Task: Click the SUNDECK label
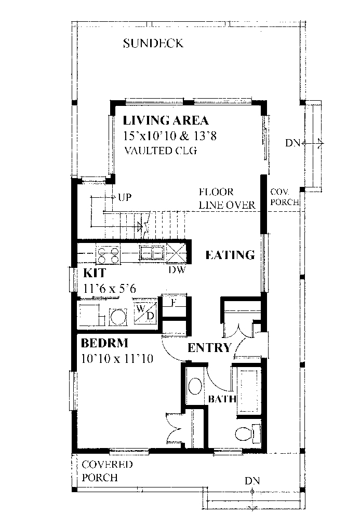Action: tap(153, 43)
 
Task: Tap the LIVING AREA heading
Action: tap(166, 121)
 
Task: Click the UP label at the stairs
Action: tap(124, 197)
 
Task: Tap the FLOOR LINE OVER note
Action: tap(226, 199)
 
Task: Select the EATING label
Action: tap(230, 255)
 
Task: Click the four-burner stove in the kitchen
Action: tap(108, 254)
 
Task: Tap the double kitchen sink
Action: tap(152, 253)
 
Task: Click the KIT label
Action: tap(95, 274)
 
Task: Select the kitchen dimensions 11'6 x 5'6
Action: tap(109, 288)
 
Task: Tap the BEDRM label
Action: tap(105, 344)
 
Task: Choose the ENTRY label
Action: tap(209, 348)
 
